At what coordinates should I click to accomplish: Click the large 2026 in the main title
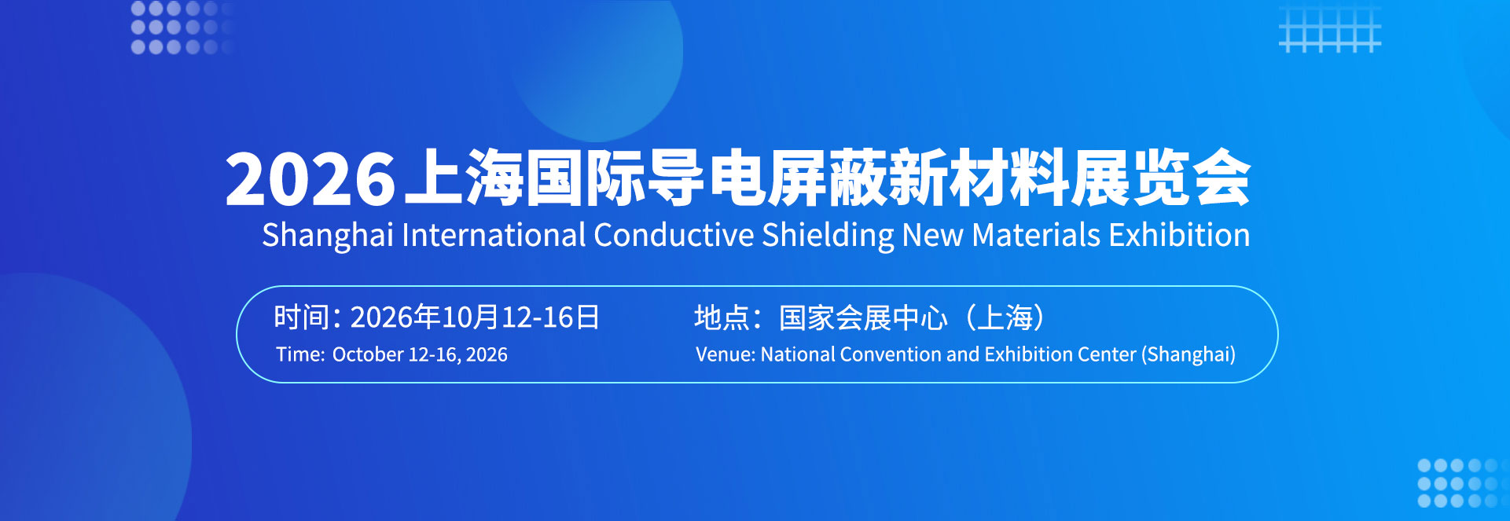point(310,179)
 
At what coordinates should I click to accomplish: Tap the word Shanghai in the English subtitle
point(328,236)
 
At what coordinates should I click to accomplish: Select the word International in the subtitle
point(494,235)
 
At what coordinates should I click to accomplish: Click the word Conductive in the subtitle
point(674,235)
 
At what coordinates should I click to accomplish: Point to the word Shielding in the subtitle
point(828,236)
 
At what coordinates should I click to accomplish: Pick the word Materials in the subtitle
point(1036,235)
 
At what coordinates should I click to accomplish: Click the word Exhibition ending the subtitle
point(1179,235)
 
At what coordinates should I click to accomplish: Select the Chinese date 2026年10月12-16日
point(475,317)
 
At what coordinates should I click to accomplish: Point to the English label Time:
point(300,354)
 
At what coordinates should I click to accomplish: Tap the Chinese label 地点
point(722,317)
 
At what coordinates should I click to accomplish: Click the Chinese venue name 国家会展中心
point(863,317)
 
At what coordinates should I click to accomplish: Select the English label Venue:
point(726,354)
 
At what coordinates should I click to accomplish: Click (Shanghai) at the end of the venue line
point(1189,355)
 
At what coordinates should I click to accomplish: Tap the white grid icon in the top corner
point(1330,28)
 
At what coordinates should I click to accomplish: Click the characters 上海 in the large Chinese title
point(464,178)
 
